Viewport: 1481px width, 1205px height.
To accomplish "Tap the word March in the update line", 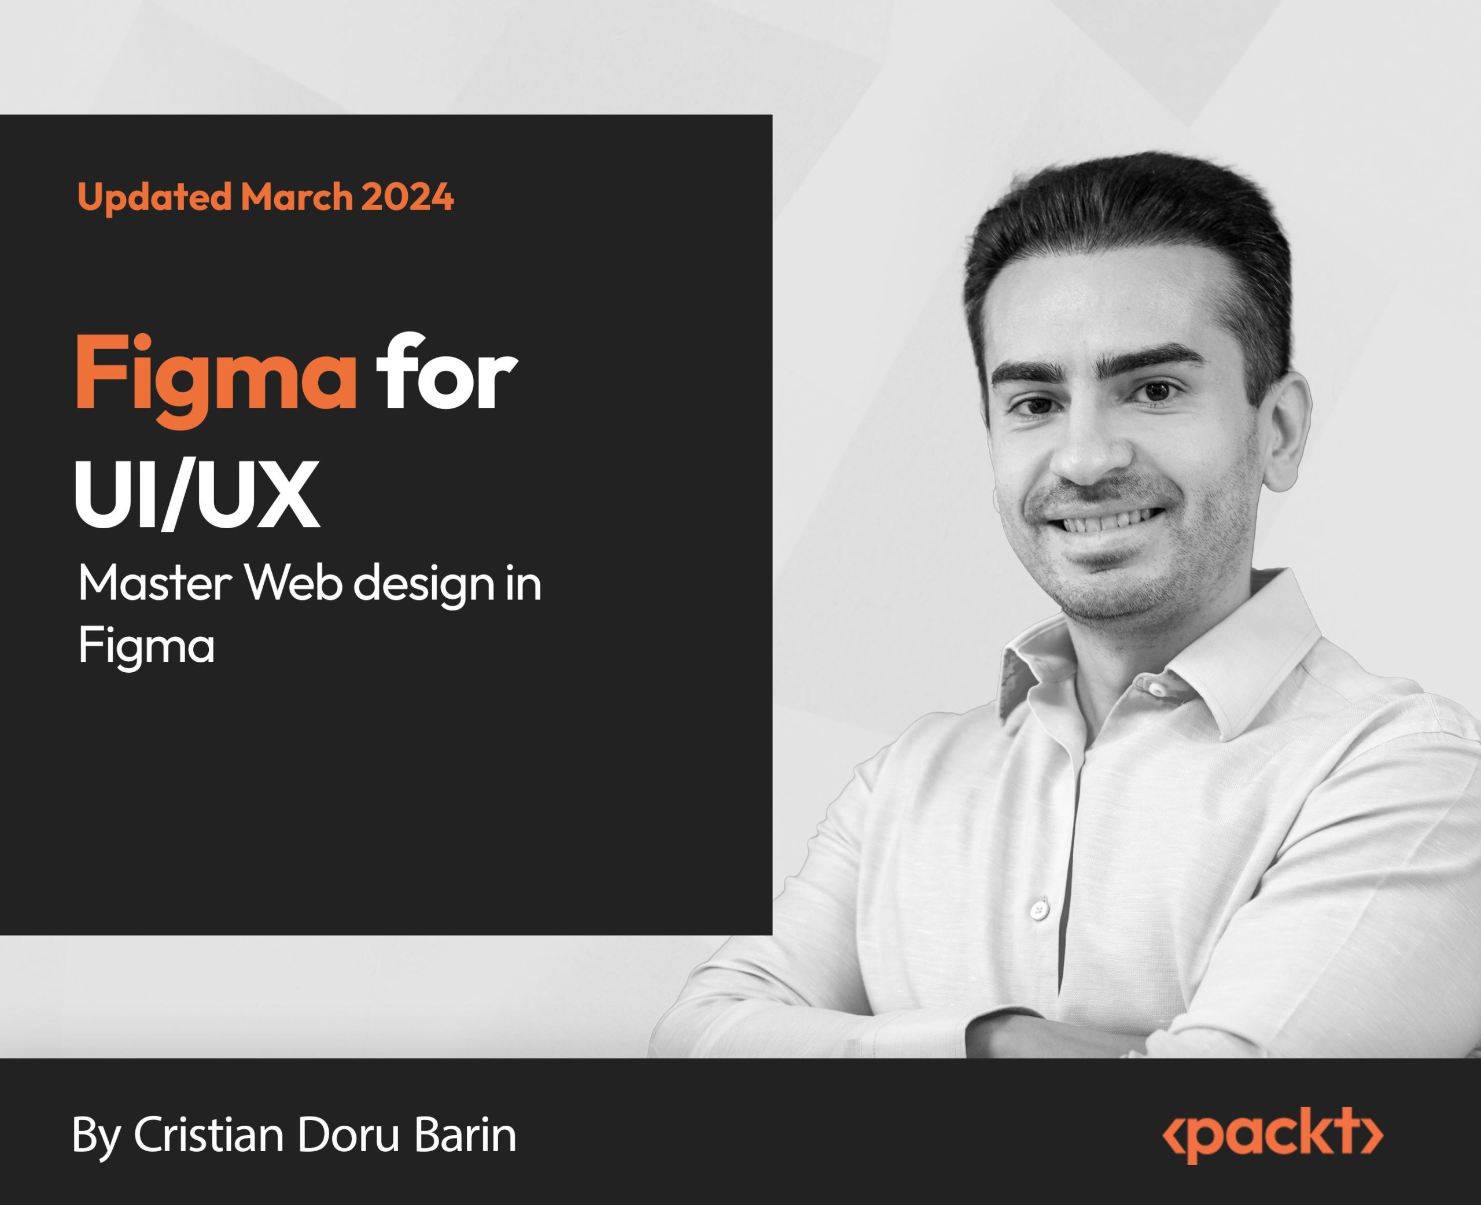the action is (x=297, y=197).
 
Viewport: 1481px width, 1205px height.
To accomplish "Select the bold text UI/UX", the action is (x=198, y=495).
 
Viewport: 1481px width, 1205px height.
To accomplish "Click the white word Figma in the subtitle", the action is (x=146, y=647).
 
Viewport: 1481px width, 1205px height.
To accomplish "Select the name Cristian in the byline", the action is (x=209, y=1136).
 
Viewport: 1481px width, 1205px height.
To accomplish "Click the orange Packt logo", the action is (x=1273, y=1136).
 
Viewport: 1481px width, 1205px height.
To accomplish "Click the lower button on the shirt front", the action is (x=1039, y=909).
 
